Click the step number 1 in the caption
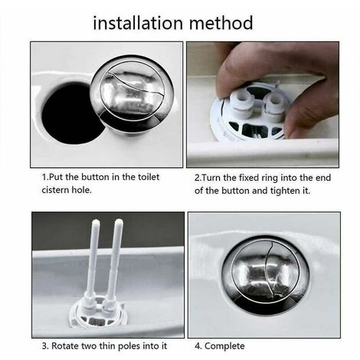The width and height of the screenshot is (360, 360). (43, 176)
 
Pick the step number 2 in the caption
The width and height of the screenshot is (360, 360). (198, 176)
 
